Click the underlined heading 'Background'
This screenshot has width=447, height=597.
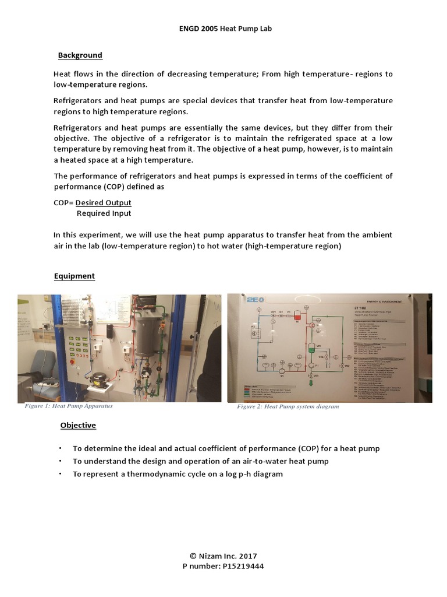point(80,55)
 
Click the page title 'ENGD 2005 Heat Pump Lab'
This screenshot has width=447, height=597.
point(223,29)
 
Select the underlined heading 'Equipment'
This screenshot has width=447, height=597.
point(74,276)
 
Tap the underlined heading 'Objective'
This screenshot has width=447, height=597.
point(78,425)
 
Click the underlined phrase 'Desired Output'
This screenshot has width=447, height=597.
point(104,203)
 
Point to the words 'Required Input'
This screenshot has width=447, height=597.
point(104,213)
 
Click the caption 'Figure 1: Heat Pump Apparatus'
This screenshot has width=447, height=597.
point(69,406)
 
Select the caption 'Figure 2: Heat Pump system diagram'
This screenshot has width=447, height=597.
point(288,406)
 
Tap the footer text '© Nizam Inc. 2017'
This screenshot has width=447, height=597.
point(223,556)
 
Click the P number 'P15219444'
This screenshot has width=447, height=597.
point(239,566)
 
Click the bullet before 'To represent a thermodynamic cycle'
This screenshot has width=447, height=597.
point(60,474)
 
